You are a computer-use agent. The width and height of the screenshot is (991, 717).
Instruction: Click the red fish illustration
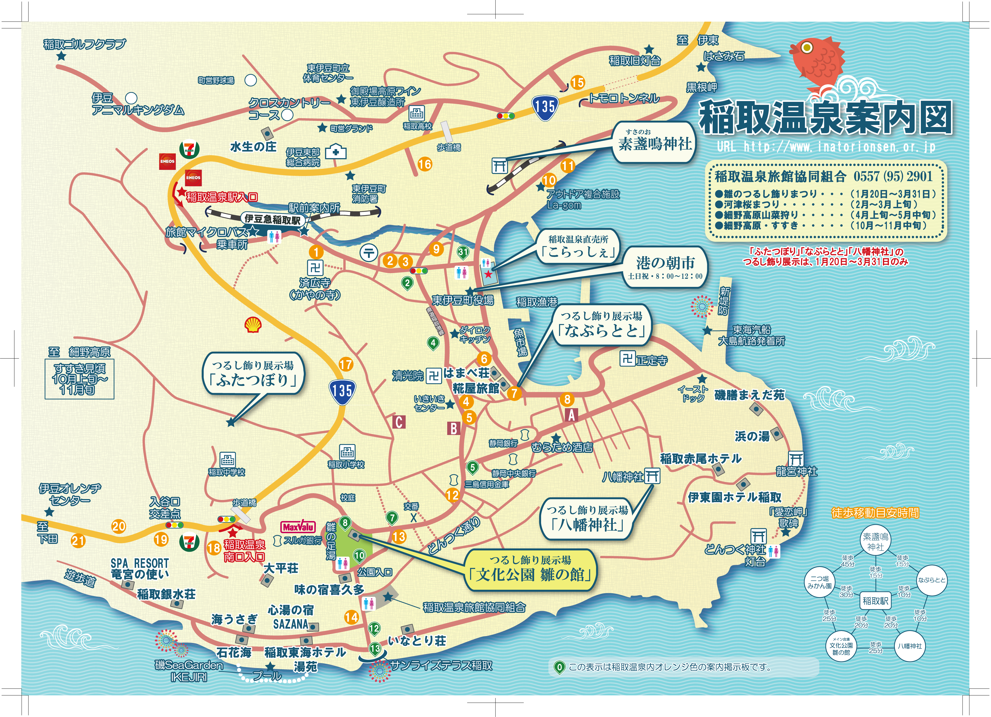[x=817, y=61]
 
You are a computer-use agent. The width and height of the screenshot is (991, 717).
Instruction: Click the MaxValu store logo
[x=298, y=527]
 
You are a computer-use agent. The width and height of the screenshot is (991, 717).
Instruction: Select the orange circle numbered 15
[x=577, y=82]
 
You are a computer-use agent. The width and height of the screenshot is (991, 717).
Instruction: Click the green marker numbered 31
[x=463, y=252]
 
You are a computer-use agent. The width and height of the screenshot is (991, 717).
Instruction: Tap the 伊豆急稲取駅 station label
[x=272, y=219]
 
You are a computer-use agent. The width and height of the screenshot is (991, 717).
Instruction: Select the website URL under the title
[x=826, y=147]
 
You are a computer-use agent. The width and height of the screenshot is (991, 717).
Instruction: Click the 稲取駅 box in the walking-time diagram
[x=875, y=601]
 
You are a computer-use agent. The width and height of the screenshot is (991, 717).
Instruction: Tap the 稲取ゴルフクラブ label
[x=84, y=44]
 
